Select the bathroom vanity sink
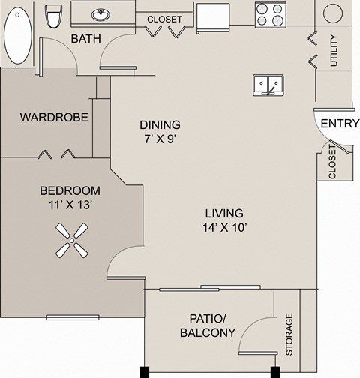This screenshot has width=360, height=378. (100, 15)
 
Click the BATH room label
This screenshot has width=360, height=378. (86, 38)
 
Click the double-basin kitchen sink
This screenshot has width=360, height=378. (268, 85)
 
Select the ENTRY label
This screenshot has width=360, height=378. (340, 124)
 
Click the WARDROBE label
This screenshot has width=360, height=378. (54, 117)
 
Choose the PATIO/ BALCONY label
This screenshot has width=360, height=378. (208, 325)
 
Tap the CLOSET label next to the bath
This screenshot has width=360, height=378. (165, 19)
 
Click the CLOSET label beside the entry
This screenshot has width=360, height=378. (332, 163)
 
